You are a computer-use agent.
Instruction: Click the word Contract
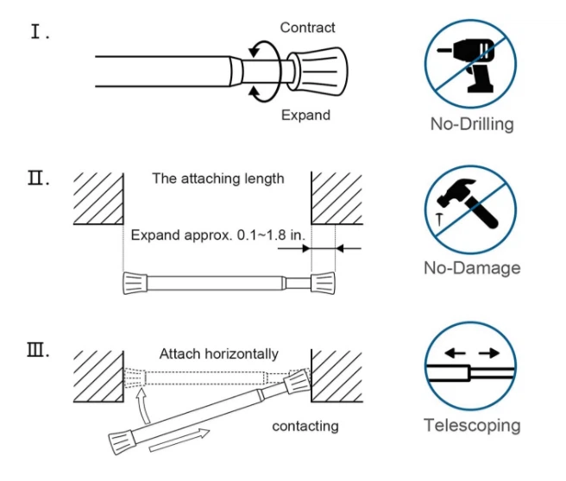308,28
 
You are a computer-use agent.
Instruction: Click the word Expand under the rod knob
305,115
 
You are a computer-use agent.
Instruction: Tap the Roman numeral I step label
40,34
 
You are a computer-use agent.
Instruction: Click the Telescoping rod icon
471,372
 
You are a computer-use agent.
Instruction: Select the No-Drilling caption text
472,123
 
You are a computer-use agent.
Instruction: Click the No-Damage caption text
472,267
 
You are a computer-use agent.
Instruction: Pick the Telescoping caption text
472,425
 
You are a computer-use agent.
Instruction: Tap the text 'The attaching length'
217,179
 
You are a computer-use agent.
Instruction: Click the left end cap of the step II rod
136,282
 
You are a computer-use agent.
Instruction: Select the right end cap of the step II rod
321,282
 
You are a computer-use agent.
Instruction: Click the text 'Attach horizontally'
219,353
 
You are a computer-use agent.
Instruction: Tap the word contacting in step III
305,426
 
